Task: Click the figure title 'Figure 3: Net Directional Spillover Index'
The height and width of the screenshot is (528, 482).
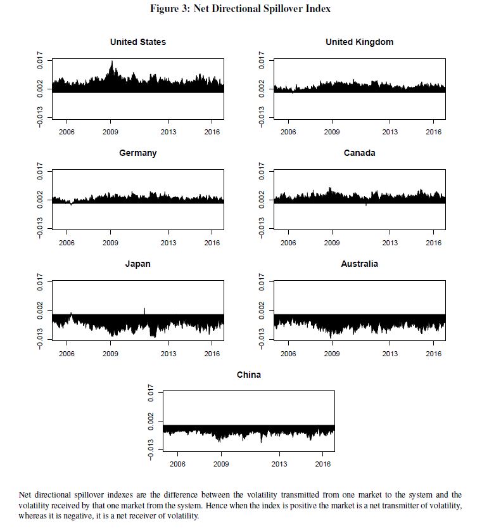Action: [240, 9]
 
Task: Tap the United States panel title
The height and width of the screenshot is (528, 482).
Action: [137, 42]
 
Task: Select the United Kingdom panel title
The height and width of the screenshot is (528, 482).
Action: [359, 42]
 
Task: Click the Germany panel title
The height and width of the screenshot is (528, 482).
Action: [137, 153]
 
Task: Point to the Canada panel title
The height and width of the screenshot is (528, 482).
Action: [359, 153]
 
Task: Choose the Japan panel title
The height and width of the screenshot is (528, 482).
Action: [137, 264]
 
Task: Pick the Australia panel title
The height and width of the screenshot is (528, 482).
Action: [359, 264]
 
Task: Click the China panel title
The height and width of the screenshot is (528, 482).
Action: [248, 375]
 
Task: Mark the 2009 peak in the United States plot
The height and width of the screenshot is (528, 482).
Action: [112, 62]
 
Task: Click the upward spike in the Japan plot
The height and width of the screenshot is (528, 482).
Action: [144, 309]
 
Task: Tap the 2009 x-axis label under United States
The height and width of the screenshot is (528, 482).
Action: [110, 132]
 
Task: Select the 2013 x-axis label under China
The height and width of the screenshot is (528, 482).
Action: [279, 465]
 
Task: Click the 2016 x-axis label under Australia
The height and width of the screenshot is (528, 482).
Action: [433, 354]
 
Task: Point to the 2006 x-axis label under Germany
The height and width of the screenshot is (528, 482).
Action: [67, 243]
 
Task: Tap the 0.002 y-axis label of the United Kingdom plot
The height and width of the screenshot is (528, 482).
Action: [263, 89]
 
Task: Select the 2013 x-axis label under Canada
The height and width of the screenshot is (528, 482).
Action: [390, 243]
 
